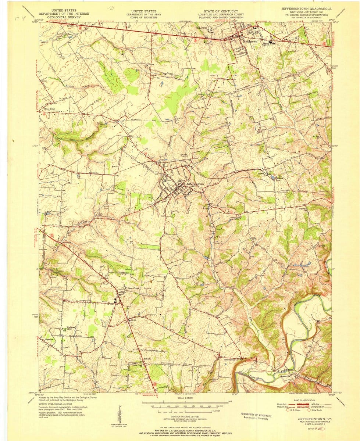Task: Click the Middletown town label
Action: [251, 42]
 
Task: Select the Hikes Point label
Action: [51, 109]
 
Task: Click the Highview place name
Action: [49, 340]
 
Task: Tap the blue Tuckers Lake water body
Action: [272, 178]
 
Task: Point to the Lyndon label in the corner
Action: [71, 26]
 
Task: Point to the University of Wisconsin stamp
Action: [257, 416]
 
